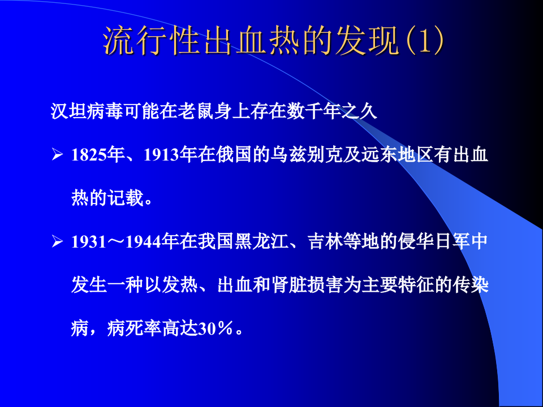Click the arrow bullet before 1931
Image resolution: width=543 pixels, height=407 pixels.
coord(57,242)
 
